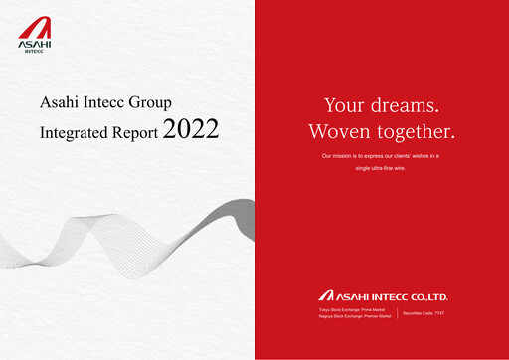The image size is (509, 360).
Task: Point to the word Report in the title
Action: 131,130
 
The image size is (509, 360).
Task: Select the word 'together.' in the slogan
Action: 419,131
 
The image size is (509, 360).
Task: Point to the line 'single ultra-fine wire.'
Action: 381,168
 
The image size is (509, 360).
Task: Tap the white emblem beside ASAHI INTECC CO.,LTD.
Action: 326,295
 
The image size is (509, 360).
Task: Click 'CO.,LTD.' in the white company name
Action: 446,295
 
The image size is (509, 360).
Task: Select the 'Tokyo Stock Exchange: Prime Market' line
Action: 348,311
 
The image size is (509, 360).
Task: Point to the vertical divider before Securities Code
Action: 397,314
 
